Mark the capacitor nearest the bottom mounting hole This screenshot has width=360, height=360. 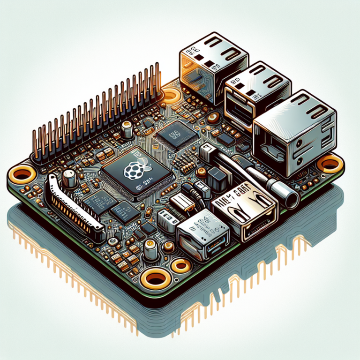(x=150, y=252)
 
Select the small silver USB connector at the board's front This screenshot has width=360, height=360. (x=202, y=232)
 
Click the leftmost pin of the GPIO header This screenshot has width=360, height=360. (x=34, y=145)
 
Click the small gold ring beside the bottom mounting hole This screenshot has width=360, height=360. (x=180, y=266)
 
